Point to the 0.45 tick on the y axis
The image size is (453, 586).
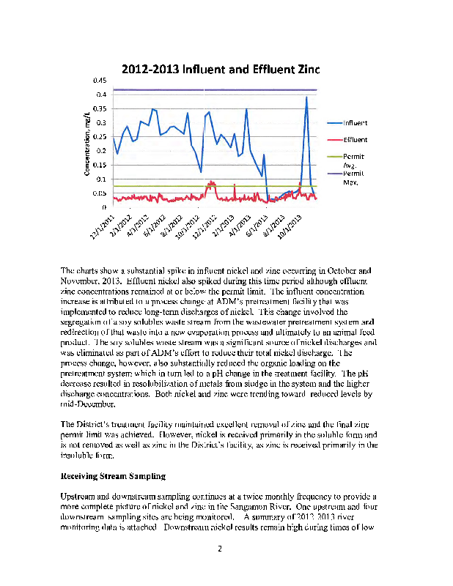pyautogui.click(x=100, y=80)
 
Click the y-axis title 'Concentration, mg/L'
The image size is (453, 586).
pyautogui.click(x=86, y=144)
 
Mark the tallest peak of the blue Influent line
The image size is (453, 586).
pyautogui.click(x=306, y=97)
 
